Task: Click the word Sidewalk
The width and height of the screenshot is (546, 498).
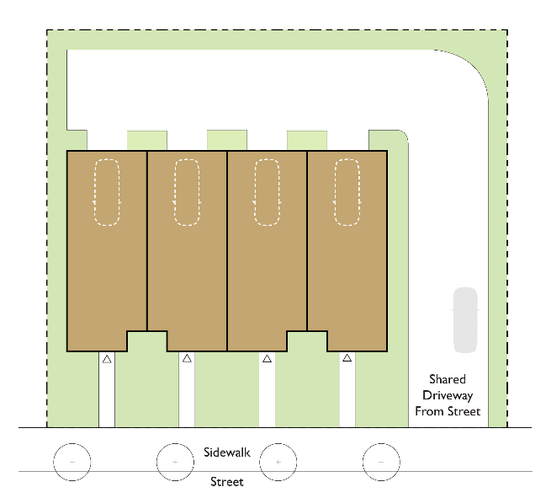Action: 227,453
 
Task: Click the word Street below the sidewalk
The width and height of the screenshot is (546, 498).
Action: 227,482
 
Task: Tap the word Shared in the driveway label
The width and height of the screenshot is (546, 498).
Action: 447,380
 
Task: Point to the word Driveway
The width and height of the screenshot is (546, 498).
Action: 448,395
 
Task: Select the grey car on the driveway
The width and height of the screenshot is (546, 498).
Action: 465,320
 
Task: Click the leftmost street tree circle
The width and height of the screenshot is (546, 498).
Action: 72,462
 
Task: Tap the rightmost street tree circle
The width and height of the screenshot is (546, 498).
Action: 381,462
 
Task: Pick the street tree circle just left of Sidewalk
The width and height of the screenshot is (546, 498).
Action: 175,462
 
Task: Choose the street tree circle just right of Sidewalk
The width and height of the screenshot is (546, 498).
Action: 278,462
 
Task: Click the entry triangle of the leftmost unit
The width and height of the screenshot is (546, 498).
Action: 107,359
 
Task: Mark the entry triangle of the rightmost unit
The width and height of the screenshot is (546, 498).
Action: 347,359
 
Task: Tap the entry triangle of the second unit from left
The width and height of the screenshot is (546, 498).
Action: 187,359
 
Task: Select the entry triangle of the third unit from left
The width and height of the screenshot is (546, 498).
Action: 267,359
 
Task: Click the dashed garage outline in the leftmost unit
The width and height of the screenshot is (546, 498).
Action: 107,193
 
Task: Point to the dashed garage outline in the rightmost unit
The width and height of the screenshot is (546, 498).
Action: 347,193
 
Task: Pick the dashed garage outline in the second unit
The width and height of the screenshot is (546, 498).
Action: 187,193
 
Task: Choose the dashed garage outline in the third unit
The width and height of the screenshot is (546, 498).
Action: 267,193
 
